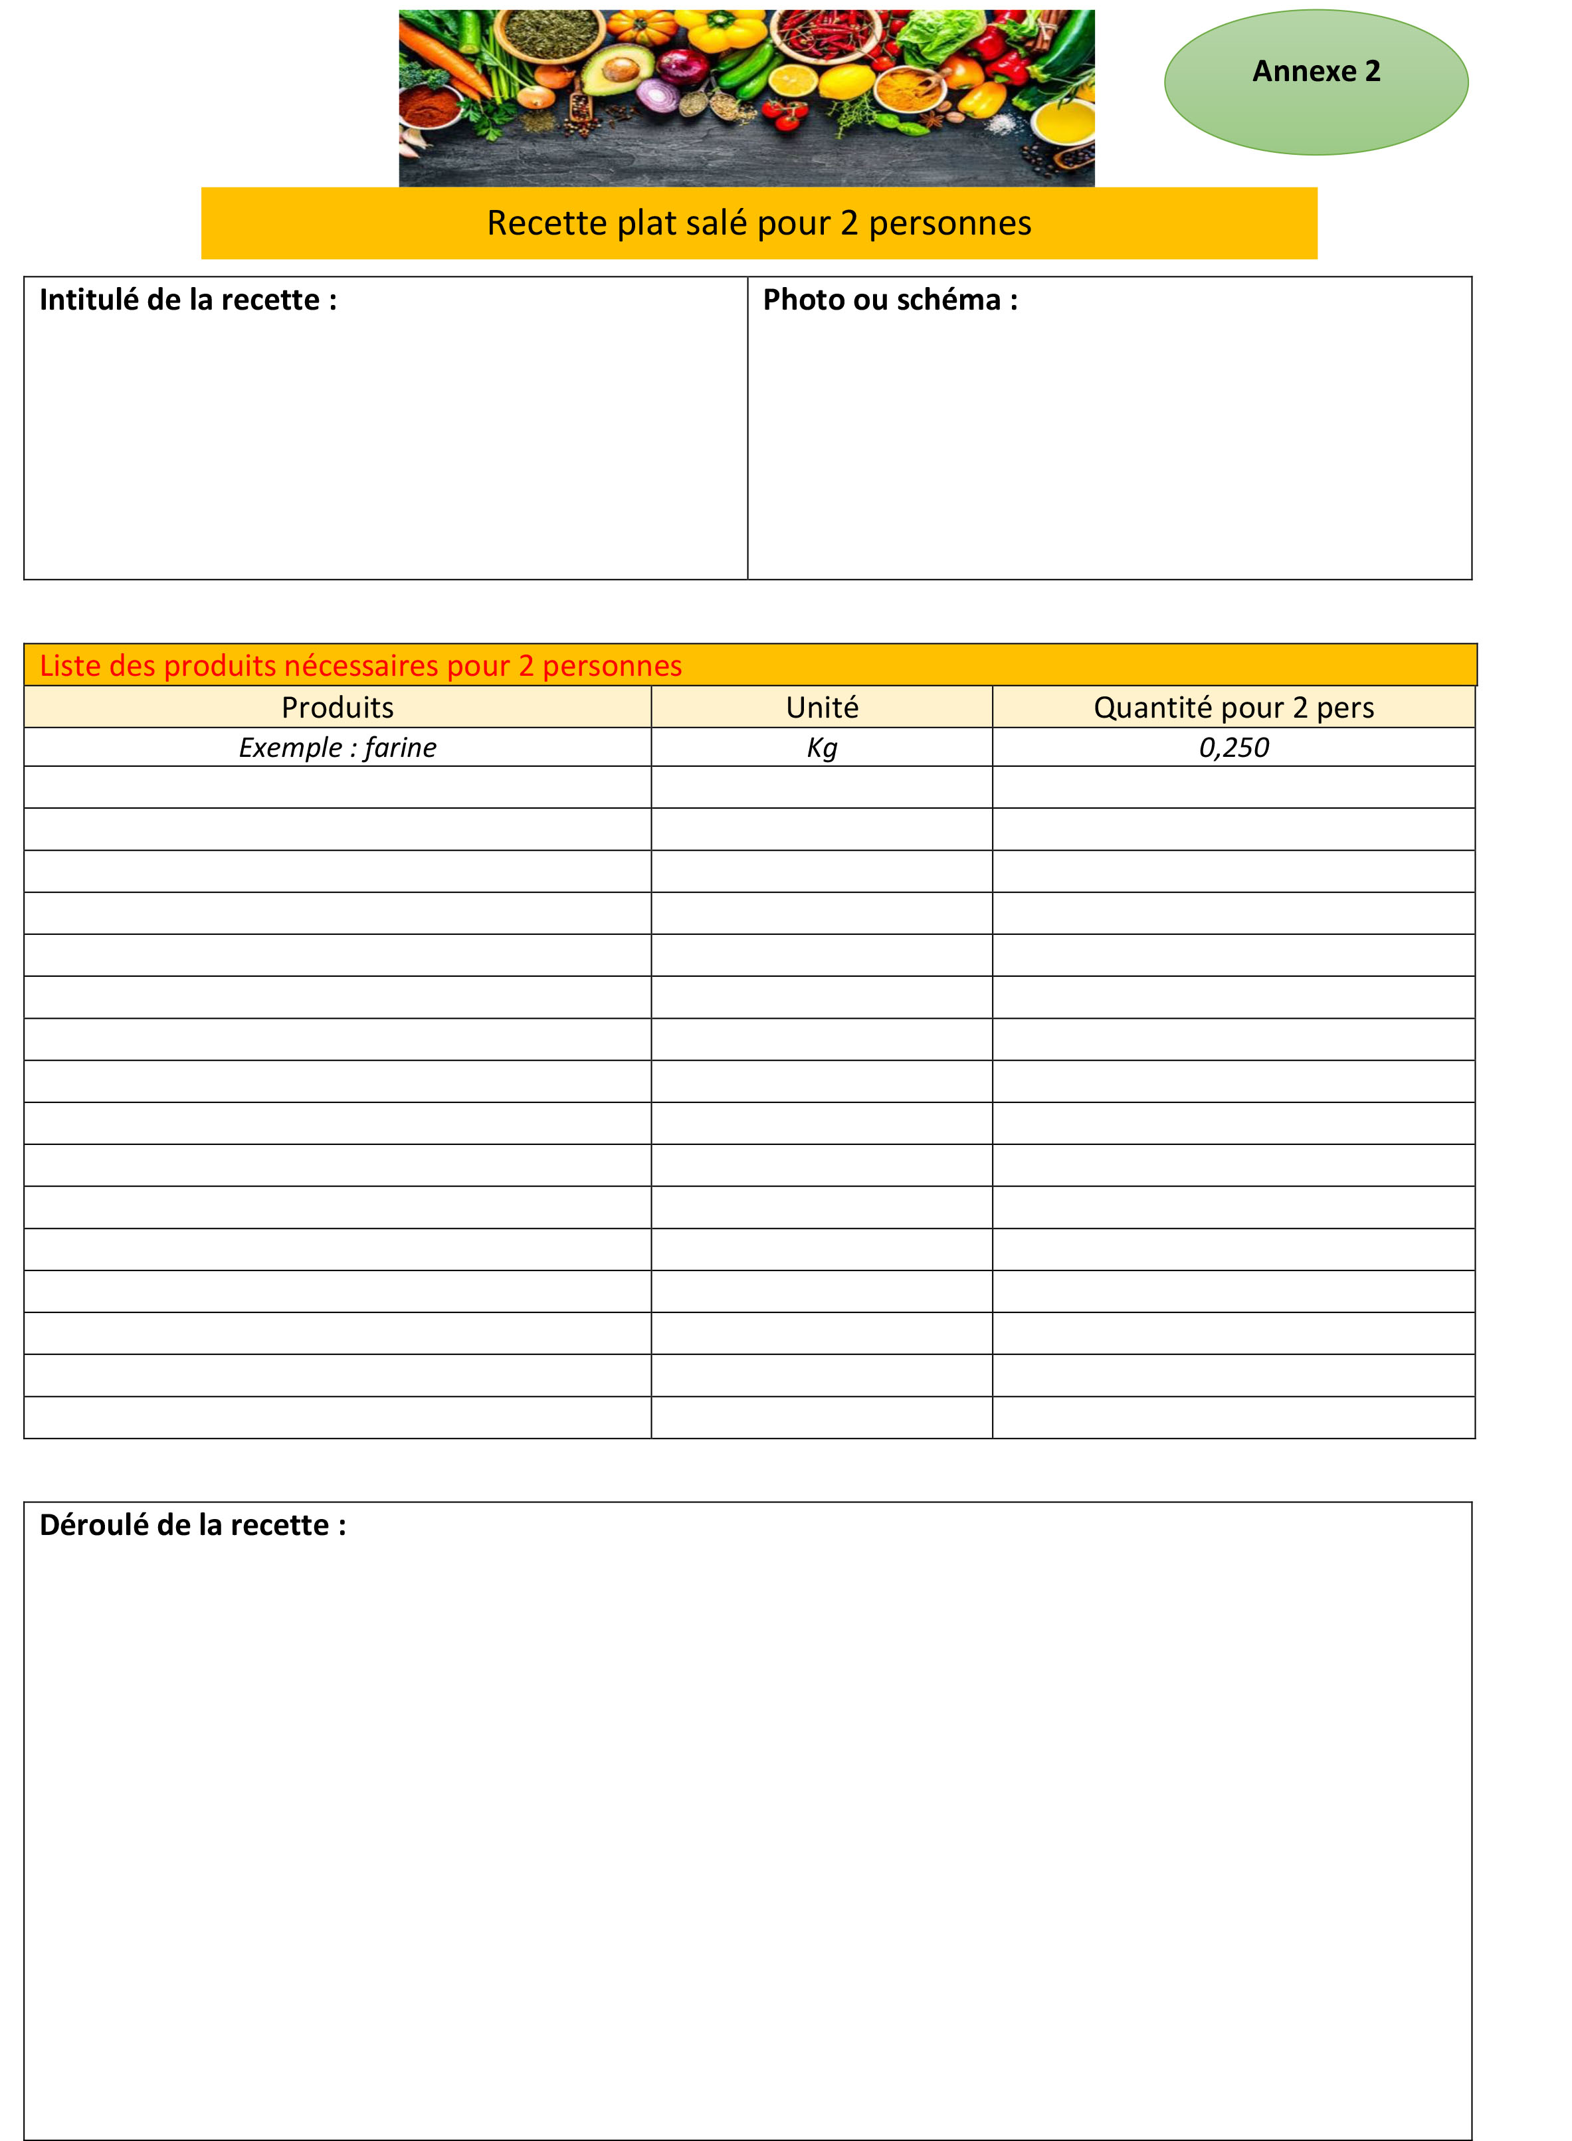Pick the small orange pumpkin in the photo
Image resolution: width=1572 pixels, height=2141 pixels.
[643, 26]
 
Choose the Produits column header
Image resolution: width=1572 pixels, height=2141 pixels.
[337, 707]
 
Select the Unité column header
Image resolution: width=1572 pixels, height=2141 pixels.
[821, 707]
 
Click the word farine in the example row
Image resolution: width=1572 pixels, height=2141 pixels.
[400, 748]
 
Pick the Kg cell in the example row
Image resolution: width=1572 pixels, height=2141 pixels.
[821, 748]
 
